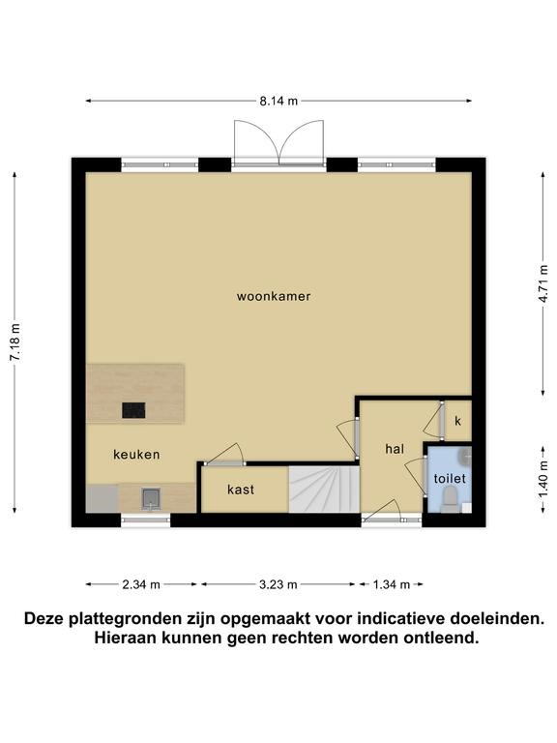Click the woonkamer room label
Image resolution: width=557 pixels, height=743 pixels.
274,297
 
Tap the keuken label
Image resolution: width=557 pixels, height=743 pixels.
136,455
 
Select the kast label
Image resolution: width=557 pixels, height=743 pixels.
241,490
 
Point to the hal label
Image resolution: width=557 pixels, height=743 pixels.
395,449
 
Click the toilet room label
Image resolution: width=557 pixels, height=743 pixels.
450,479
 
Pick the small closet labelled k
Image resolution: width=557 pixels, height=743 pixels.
457,421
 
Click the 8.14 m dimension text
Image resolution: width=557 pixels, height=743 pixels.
278,101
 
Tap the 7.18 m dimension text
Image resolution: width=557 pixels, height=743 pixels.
15,342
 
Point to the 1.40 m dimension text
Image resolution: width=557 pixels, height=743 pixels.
543,479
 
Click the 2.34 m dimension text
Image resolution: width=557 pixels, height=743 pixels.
141,584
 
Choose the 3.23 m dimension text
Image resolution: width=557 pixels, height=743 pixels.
278,584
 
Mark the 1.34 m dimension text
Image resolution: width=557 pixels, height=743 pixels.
392,584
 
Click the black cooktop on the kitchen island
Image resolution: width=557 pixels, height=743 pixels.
133,410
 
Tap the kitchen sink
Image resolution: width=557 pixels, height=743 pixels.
151,499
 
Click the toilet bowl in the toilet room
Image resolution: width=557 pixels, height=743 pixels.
449,500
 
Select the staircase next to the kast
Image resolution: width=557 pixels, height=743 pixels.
325,490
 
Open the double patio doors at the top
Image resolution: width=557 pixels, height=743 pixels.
278,142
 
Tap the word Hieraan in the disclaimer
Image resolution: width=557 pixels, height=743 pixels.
125,638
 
